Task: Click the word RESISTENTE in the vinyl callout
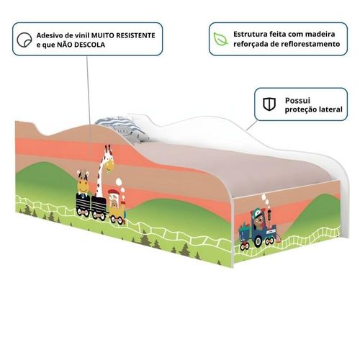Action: coord(135,35)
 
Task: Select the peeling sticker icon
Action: coord(24,40)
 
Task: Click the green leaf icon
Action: coord(220,39)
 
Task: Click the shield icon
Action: coord(269,104)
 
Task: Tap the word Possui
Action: coord(297,100)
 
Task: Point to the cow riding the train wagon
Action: coord(83,182)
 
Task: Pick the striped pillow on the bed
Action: coord(122,129)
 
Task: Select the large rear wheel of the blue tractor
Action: coord(258,240)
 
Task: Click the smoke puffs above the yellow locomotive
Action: coord(120,185)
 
